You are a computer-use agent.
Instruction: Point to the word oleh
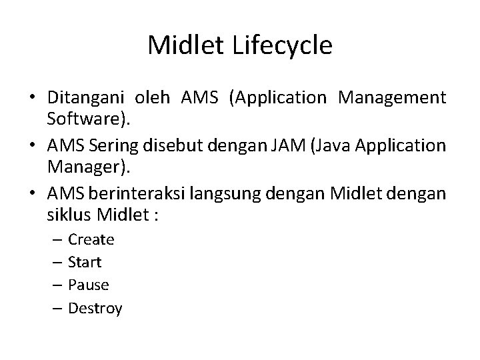[x=153, y=98]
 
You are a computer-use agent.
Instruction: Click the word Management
[x=392, y=98]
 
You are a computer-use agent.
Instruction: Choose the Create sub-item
[x=91, y=239]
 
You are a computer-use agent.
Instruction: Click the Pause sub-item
[x=88, y=285]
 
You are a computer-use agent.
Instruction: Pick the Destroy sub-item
[x=95, y=309]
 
